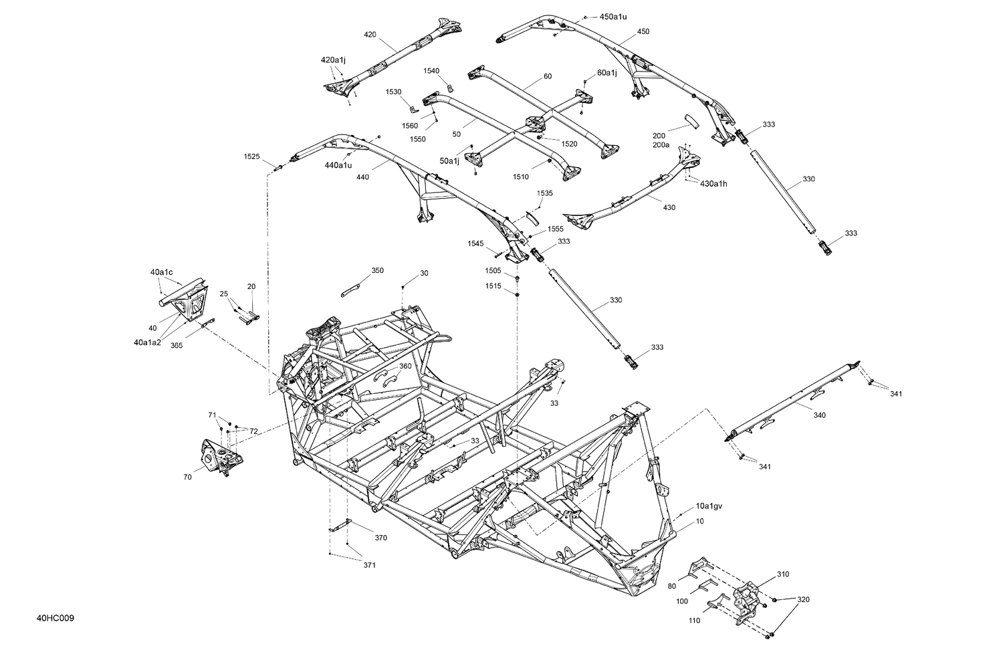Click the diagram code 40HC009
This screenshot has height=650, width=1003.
[55, 618]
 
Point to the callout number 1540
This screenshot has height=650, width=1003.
[431, 70]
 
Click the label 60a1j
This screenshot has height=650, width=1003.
[607, 72]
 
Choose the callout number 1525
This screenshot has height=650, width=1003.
[252, 156]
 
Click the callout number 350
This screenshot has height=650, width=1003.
[378, 270]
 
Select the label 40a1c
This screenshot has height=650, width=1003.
[161, 272]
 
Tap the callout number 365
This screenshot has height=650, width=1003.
[177, 345]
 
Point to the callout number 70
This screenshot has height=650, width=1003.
[187, 477]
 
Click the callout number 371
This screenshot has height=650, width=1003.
[369, 565]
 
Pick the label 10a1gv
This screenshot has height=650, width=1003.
[709, 506]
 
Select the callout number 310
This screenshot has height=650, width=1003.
[783, 574]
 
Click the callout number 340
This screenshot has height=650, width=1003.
[819, 415]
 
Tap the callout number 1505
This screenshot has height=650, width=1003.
[493, 270]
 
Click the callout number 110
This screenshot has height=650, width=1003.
[694, 621]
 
